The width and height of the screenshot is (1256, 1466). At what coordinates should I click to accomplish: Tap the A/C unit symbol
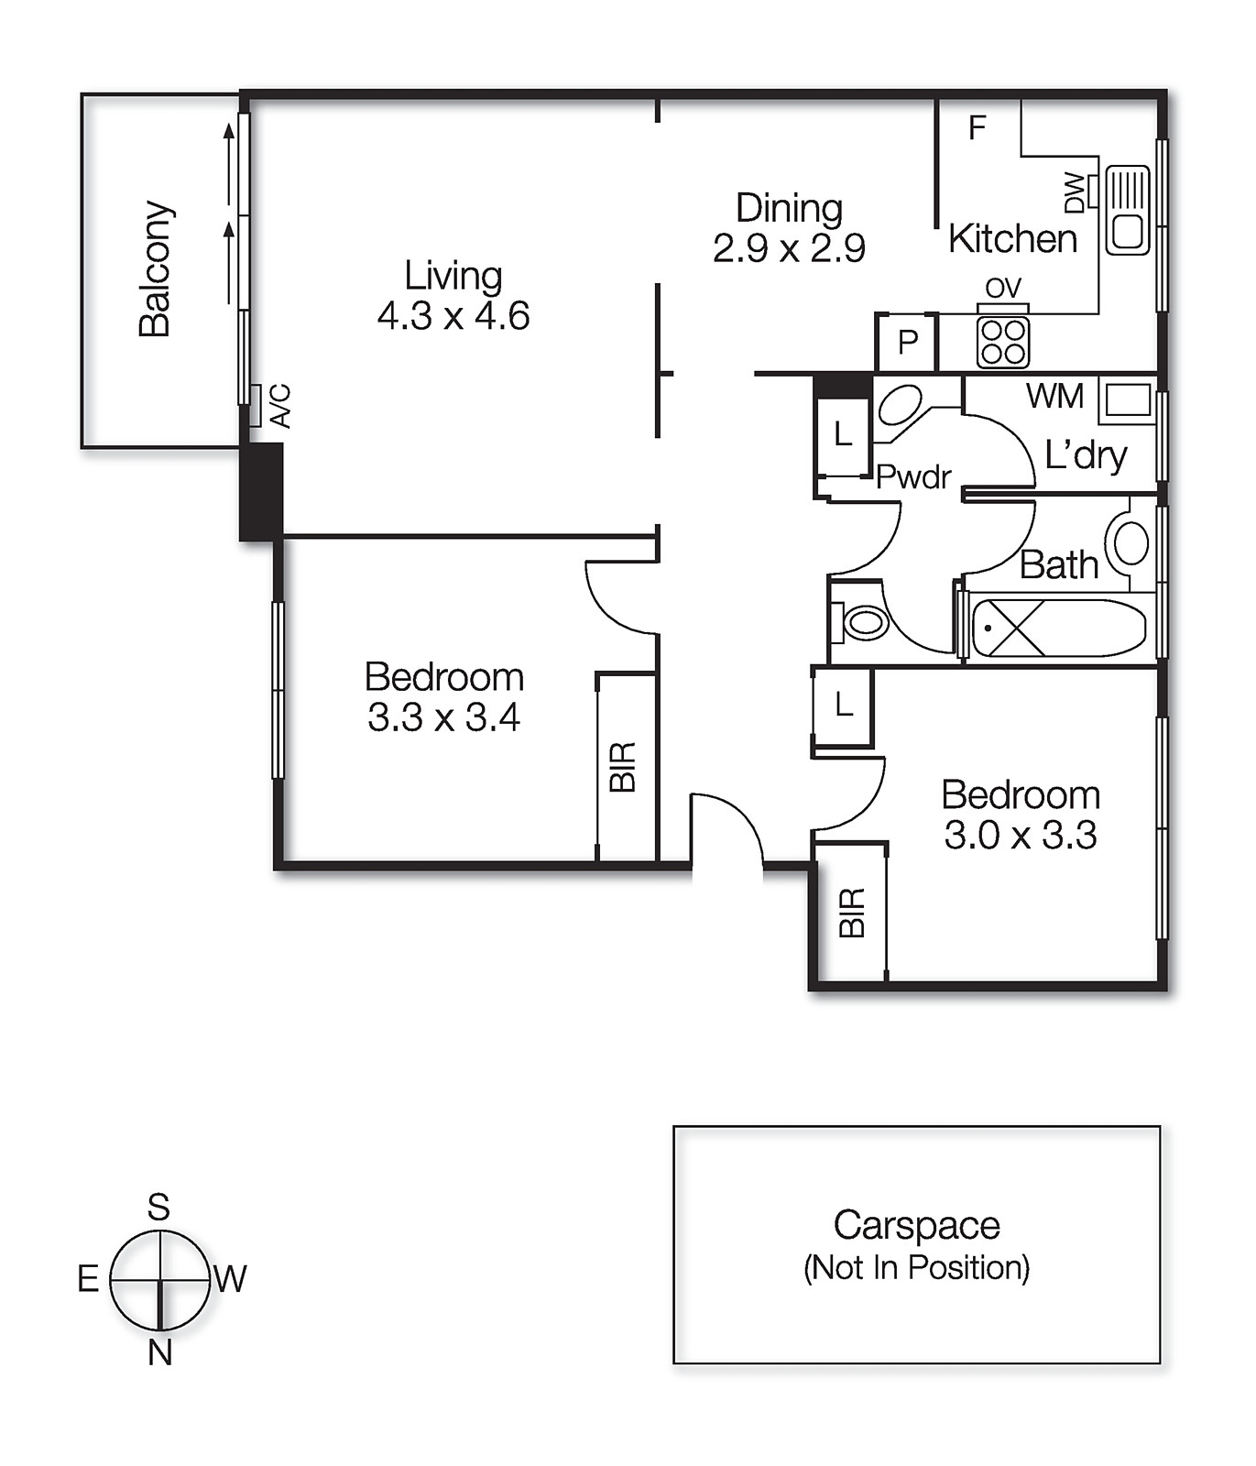[256, 405]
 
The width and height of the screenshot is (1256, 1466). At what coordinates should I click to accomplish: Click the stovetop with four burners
[1002, 342]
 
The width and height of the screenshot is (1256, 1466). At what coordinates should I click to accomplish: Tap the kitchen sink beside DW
[1127, 210]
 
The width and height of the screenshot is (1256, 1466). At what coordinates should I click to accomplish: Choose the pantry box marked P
[907, 343]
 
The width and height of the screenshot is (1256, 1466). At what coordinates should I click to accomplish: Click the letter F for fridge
[977, 128]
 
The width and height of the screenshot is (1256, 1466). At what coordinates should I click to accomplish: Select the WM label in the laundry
[1054, 396]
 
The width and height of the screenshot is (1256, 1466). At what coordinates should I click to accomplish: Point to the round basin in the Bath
[1130, 543]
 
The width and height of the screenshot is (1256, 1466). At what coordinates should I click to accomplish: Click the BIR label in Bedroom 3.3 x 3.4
[623, 767]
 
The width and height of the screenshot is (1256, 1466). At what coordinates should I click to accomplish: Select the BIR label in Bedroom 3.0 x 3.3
[852, 912]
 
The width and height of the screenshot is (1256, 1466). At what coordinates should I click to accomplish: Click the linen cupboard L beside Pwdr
[843, 433]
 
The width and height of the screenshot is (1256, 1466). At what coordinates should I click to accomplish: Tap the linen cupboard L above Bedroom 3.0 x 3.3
[843, 706]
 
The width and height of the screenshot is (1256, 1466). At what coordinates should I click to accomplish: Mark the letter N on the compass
[160, 1352]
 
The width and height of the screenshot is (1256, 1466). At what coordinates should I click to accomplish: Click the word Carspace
[916, 1225]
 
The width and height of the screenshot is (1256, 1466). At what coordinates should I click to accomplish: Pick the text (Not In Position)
[916, 1267]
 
